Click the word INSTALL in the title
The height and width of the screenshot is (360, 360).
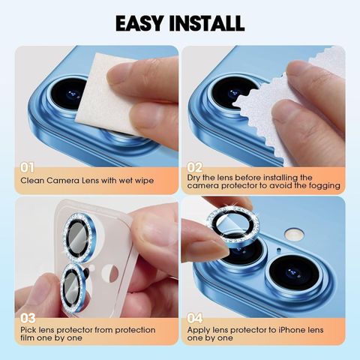pyautogui.click(x=206, y=23)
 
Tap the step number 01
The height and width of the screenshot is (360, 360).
pyautogui.click(x=27, y=167)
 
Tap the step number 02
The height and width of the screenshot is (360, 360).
pyautogui.click(x=194, y=167)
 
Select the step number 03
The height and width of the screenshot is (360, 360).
pyautogui.click(x=28, y=318)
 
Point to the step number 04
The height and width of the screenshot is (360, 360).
pyautogui.click(x=195, y=318)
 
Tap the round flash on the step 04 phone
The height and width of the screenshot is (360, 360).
pyautogui.click(x=295, y=235)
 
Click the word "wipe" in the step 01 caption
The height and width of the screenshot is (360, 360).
pyautogui.click(x=144, y=181)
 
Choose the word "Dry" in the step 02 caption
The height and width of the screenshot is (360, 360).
pyautogui.click(x=193, y=178)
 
